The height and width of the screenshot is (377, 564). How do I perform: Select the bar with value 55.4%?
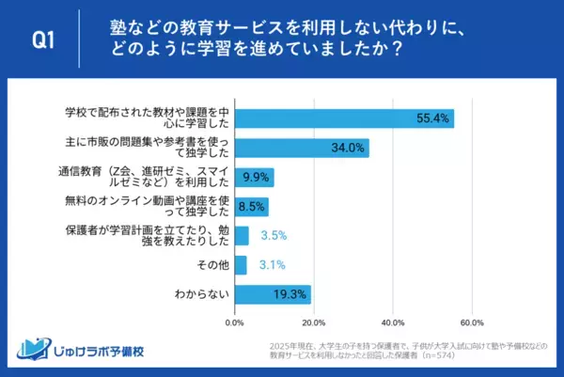(x=344, y=118)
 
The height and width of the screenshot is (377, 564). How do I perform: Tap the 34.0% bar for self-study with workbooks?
(x=302, y=148)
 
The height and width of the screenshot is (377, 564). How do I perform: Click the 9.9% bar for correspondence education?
(x=254, y=177)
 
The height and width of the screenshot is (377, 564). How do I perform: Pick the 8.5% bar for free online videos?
(x=251, y=206)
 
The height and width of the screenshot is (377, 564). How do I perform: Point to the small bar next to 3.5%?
(x=242, y=235)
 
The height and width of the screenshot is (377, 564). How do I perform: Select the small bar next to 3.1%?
(x=241, y=265)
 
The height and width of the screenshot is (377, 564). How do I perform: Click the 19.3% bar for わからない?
(x=273, y=294)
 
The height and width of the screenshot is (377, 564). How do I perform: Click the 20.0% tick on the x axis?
(x=314, y=320)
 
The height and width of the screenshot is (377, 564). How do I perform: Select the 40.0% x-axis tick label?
(x=393, y=320)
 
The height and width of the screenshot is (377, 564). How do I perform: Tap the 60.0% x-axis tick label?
(x=472, y=320)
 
